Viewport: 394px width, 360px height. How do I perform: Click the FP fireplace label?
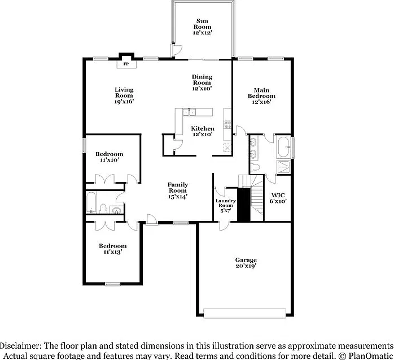coord(126,64)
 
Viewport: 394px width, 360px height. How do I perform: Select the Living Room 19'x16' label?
coord(124,96)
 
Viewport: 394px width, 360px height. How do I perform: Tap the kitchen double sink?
coord(189,112)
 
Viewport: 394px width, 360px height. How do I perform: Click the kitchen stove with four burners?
coord(227,124)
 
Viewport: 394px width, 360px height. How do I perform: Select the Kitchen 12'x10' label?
coord(203,131)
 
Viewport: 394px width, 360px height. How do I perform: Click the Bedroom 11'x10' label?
coord(110,157)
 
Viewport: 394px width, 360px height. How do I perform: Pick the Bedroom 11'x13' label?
coord(112,249)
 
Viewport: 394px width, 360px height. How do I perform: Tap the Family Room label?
coord(178,190)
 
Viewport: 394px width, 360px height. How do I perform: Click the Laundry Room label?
coord(226,206)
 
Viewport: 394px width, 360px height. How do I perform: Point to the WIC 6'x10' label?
coord(278,198)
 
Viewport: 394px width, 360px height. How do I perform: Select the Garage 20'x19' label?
coord(246,263)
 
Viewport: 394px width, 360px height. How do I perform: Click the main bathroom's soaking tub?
coord(284,147)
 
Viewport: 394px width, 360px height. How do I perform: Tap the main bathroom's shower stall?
coord(284,167)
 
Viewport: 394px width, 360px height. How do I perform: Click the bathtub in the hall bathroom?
coord(91,202)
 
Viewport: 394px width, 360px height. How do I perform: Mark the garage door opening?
coord(244,314)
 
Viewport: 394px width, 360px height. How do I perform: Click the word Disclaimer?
coord(20,346)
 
